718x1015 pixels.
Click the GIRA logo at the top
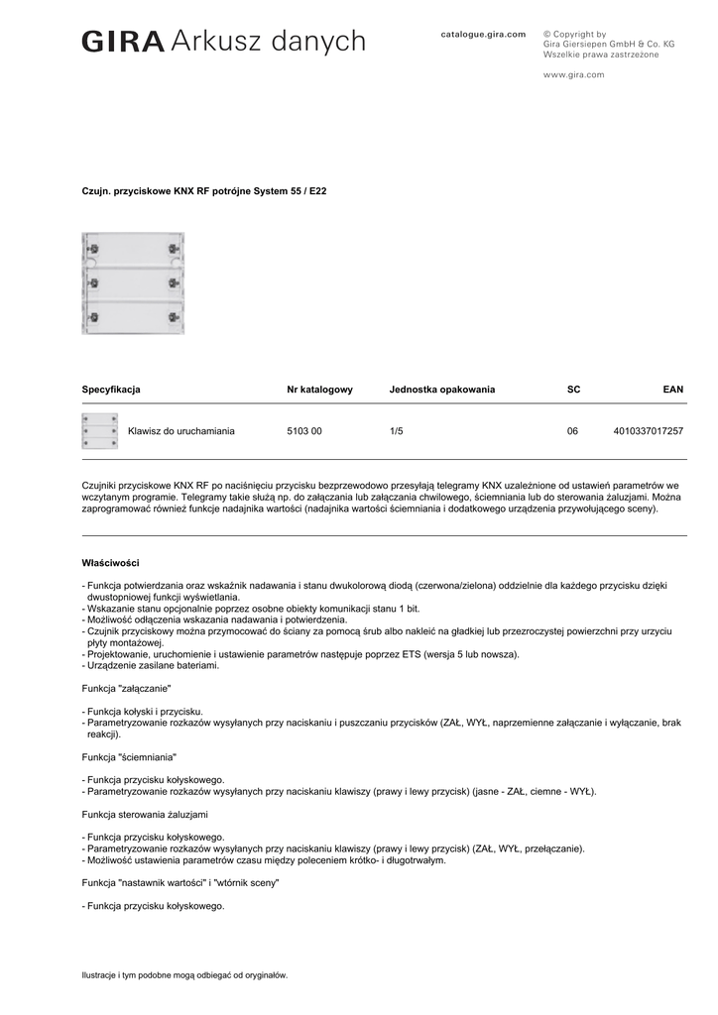123,42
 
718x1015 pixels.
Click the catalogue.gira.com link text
483,34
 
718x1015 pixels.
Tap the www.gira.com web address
573,74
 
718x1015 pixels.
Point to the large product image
133,282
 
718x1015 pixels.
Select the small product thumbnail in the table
99,431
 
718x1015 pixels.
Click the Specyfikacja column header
110,390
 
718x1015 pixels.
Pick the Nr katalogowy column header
319,390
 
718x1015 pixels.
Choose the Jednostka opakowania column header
441,390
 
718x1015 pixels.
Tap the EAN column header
672,390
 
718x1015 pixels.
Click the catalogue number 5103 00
303,431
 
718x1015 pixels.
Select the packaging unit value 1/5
397,431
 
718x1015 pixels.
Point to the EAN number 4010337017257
649,431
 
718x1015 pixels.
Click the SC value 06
572,431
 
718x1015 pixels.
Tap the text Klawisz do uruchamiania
180,431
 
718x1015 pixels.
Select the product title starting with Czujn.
203,190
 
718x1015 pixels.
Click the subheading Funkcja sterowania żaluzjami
145,814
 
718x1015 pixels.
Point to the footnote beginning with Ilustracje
184,974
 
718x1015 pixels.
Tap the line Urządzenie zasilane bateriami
153,665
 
